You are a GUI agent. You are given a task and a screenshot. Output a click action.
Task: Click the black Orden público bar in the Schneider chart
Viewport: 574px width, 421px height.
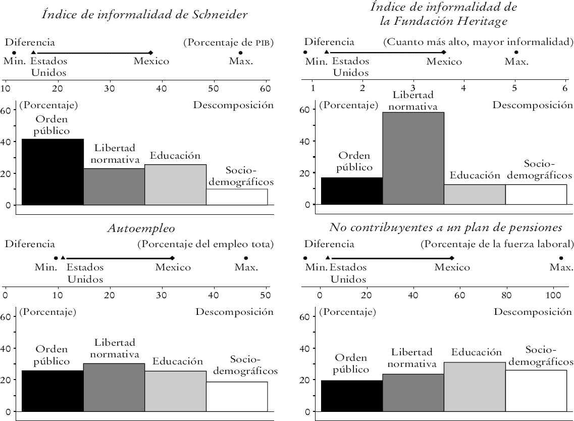(x=53, y=172)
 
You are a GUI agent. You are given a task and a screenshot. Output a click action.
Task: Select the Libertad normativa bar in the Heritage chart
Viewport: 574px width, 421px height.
(x=413, y=159)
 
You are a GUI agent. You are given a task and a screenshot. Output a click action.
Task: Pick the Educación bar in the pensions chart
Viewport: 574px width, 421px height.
(x=475, y=387)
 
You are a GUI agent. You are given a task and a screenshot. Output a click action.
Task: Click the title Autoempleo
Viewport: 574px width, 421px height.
(x=141, y=228)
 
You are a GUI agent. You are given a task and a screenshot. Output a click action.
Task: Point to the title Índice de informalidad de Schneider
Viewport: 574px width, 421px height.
(x=144, y=14)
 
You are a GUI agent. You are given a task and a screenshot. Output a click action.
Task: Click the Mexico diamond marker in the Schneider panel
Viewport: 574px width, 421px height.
(x=150, y=53)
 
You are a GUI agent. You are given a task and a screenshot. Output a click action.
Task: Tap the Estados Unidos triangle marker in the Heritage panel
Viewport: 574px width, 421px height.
(x=327, y=53)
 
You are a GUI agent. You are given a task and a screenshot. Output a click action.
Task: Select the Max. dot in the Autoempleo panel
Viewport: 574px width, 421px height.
(x=246, y=258)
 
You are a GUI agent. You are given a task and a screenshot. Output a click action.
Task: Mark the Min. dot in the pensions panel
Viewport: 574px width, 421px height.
(x=305, y=258)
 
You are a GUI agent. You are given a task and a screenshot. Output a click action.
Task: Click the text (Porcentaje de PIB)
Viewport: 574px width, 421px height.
(x=228, y=43)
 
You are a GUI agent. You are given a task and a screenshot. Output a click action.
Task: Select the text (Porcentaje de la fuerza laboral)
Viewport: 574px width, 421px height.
(x=497, y=245)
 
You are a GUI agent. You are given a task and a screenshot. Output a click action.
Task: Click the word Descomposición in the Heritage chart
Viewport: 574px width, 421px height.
(x=533, y=105)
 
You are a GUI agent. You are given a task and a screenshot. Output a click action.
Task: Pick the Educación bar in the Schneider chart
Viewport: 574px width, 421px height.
(x=175, y=184)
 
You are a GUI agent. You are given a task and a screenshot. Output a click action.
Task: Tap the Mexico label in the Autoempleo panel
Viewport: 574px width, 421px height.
(x=173, y=267)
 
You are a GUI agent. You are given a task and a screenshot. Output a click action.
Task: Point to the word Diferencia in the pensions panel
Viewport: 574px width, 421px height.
(x=329, y=245)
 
